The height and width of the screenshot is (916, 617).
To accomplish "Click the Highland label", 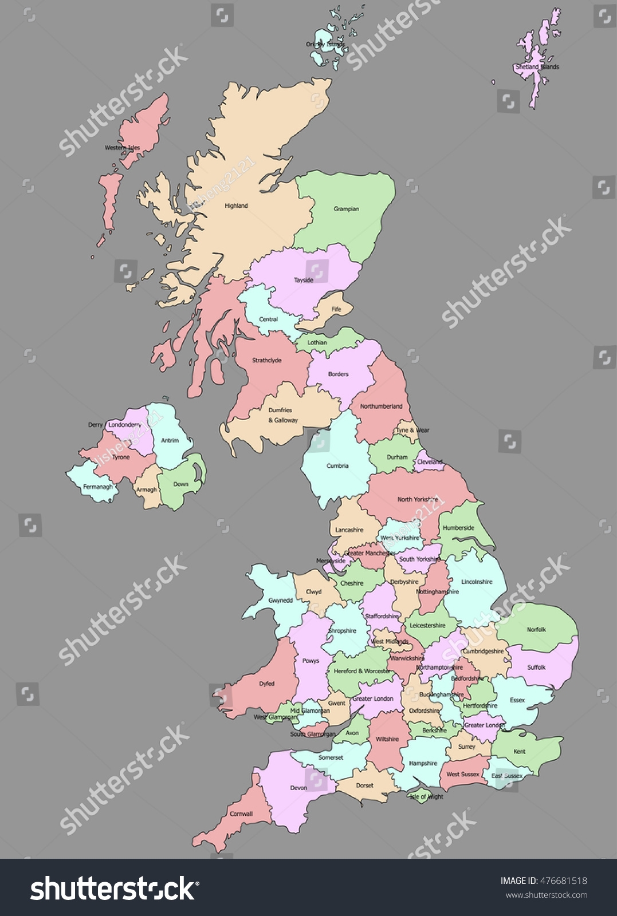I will point(236,206).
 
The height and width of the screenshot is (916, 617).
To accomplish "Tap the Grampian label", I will point(346,209).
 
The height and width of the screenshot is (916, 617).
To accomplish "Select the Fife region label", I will point(336,309).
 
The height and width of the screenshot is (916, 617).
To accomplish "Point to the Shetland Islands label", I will point(537,67).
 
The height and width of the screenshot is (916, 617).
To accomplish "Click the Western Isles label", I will point(122,148).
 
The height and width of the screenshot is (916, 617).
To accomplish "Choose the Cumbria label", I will point(337,465).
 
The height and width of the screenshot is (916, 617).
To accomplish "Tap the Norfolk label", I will point(536,629).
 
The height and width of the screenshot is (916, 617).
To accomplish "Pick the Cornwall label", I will point(241,814).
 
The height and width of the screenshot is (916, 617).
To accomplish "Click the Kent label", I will point(520,751).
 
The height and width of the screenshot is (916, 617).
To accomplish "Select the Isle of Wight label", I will point(426,796).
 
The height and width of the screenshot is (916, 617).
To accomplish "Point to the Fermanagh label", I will point(98,487).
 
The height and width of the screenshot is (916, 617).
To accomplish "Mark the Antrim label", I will point(170,440).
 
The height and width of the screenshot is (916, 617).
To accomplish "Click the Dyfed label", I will point(267,684).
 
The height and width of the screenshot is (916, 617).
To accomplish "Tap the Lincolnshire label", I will point(477,582).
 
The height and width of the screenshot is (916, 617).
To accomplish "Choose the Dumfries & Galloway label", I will point(282,415).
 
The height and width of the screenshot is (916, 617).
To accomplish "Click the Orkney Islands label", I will point(325,44).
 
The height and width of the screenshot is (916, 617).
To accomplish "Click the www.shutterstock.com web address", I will point(546,895).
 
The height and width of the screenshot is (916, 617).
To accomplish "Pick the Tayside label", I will point(304,280).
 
